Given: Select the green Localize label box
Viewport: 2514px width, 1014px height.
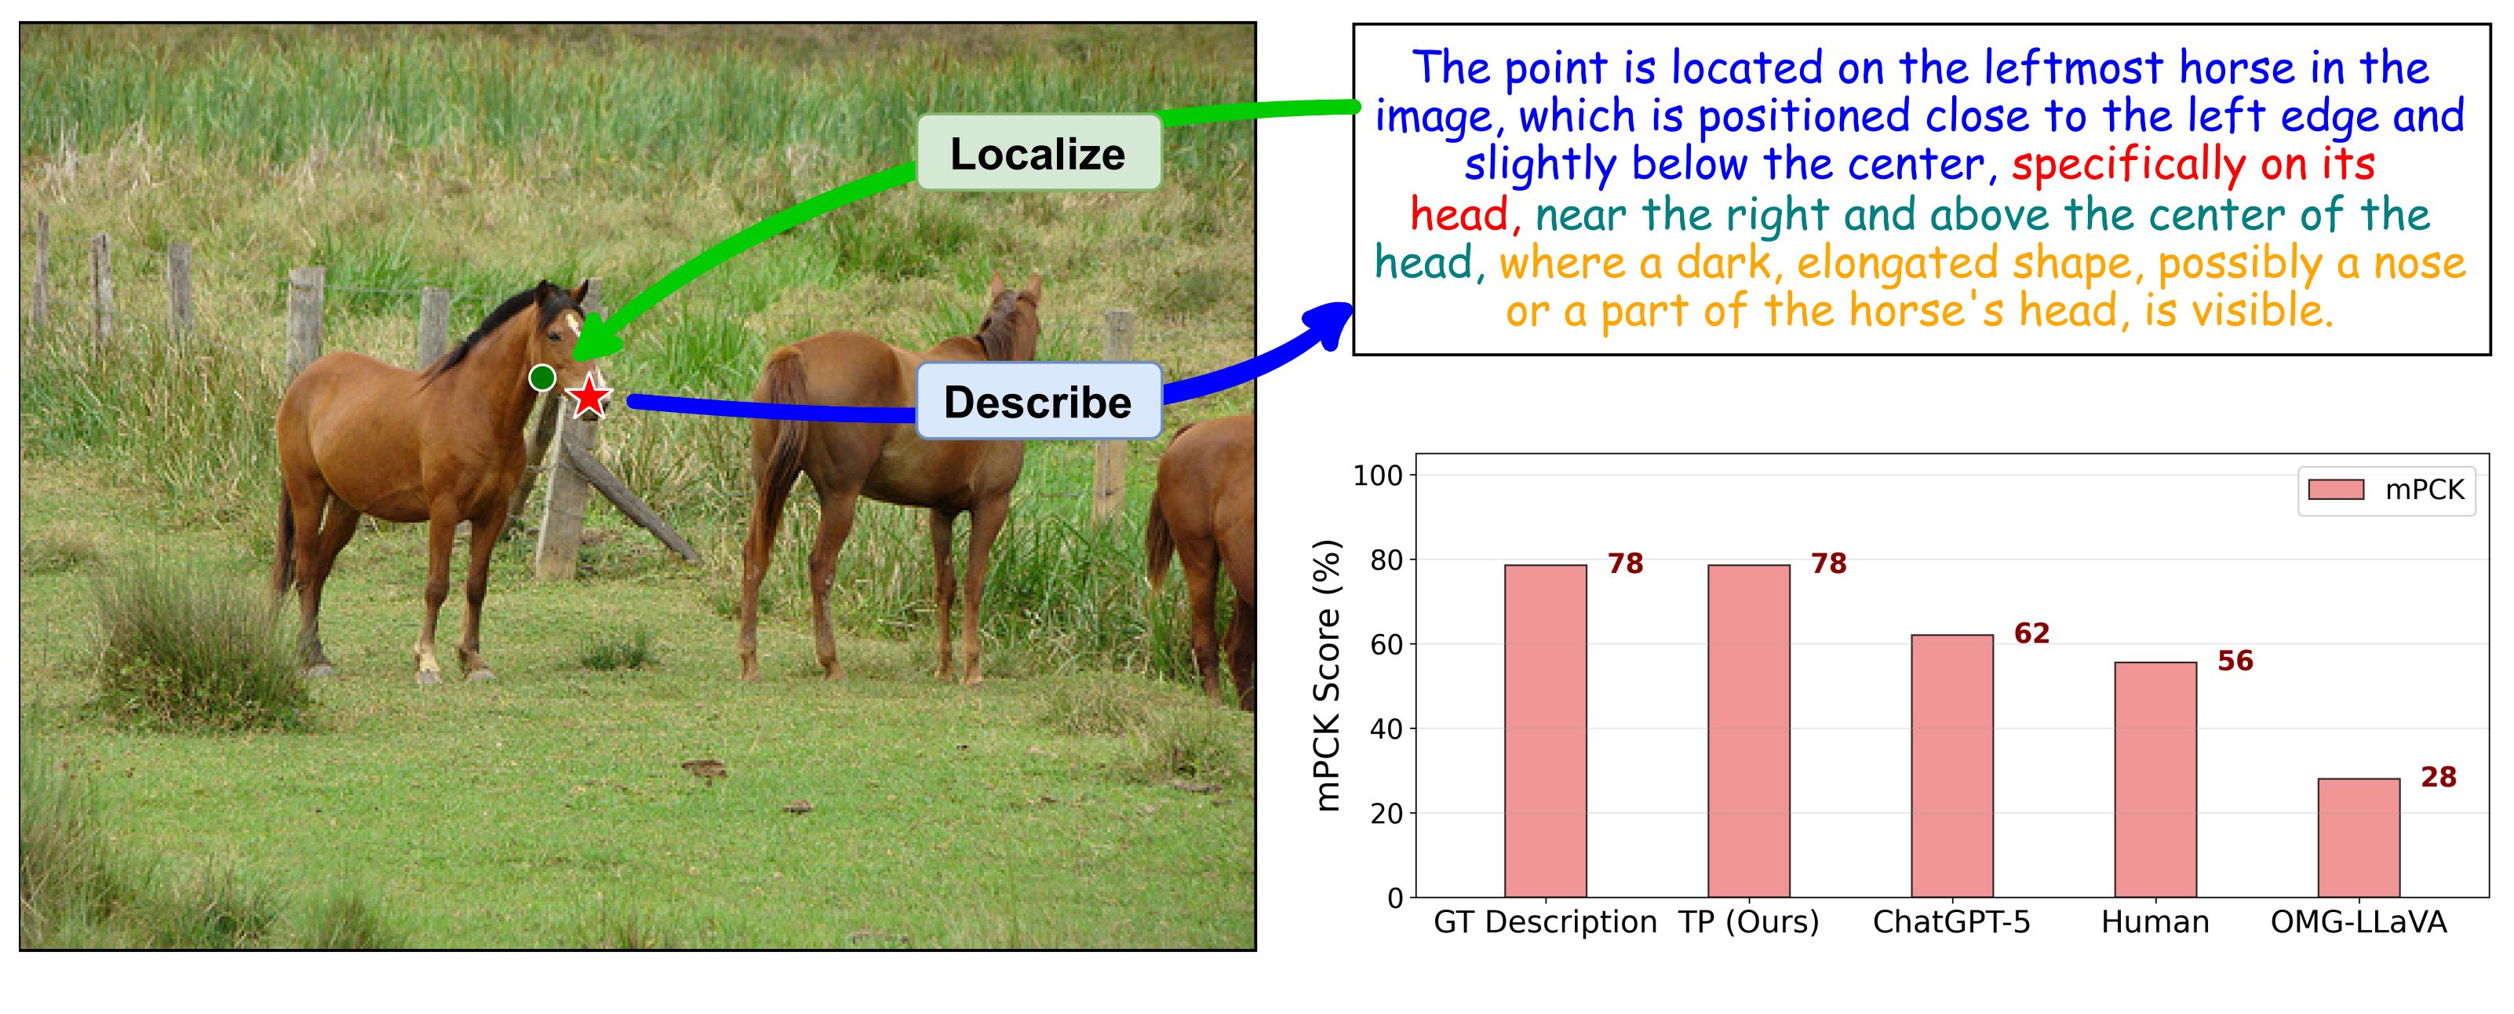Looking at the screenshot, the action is click(1038, 153).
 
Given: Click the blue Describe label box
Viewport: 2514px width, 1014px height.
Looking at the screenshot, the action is click(1038, 401).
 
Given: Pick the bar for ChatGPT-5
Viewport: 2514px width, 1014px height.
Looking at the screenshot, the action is click(1952, 766).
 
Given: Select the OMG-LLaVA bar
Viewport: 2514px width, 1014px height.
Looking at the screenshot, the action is click(2359, 837).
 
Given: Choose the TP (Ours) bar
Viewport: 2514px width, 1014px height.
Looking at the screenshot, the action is click(1749, 731).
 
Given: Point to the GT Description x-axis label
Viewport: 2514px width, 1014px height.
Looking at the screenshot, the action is click(1545, 922).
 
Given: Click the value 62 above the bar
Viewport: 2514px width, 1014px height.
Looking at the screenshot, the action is click(2032, 633).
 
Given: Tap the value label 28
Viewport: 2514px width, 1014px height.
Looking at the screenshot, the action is click(2439, 777).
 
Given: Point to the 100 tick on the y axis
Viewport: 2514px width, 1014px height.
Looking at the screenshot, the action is click(1377, 476).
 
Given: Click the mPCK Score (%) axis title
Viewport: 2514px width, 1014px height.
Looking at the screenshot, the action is click(1328, 676).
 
